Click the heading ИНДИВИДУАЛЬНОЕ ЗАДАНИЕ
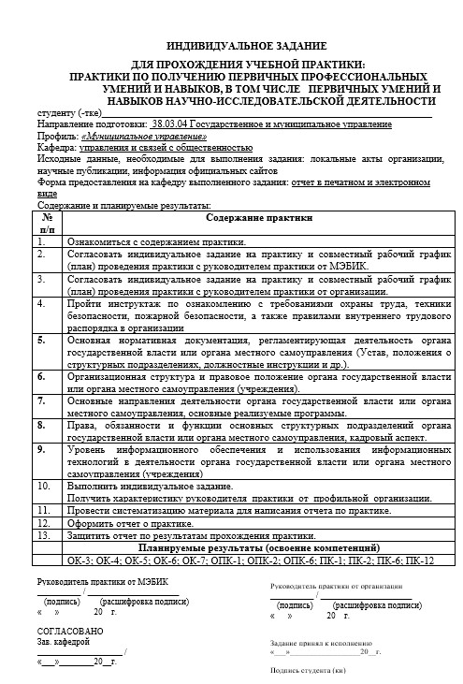(246, 45)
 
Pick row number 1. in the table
(41, 240)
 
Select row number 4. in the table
(41, 303)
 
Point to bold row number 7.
(41, 400)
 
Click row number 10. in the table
(43, 486)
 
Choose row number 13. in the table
(43, 534)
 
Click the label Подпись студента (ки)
(307, 670)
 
